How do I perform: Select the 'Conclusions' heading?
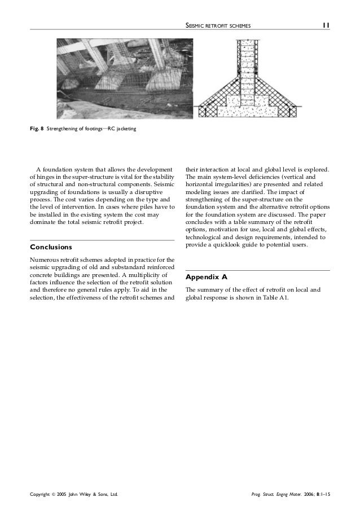point(51,247)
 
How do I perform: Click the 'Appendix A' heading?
point(206,278)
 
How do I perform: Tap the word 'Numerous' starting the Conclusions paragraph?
point(44,259)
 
